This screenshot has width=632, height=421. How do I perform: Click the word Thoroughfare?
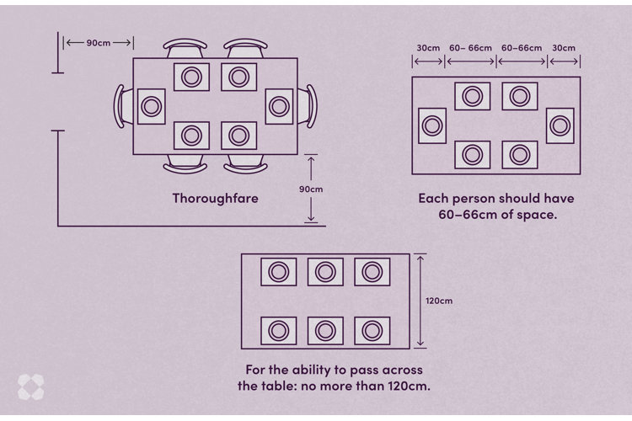[215, 199]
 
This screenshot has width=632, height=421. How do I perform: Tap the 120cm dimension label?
[438, 301]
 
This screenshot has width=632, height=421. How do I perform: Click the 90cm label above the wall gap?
[99, 42]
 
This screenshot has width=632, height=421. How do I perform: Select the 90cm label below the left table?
[311, 189]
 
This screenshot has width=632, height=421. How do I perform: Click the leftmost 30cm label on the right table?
[427, 48]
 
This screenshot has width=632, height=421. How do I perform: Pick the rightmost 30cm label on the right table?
[564, 48]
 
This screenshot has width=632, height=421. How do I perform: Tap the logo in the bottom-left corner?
[30, 386]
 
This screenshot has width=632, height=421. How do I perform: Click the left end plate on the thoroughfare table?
[151, 107]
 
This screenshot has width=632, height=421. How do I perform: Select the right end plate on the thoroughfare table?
[280, 106]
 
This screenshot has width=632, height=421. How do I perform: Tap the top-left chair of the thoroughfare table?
[185, 48]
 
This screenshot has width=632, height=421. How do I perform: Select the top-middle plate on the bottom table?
[325, 272]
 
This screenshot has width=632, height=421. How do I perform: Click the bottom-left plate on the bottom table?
[278, 330]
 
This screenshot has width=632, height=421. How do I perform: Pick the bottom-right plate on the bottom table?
[372, 330]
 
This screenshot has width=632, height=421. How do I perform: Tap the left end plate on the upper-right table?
[432, 125]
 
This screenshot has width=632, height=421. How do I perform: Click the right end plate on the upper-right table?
[560, 125]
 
